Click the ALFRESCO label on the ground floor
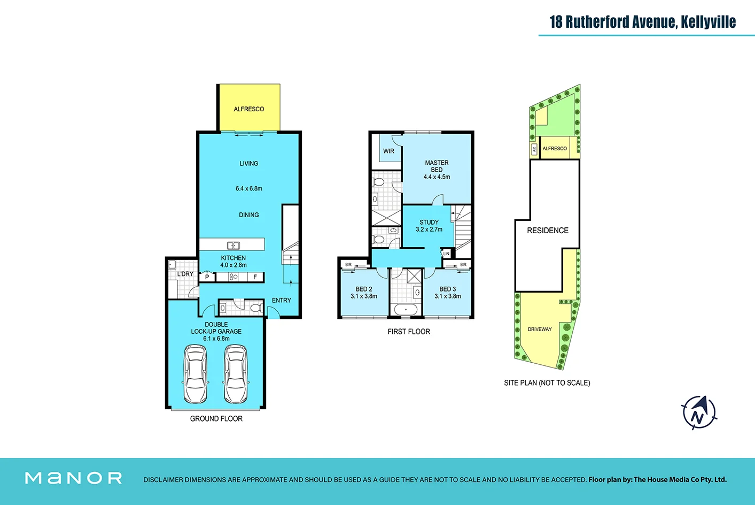pyautogui.click(x=249, y=109)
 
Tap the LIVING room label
pyautogui.click(x=249, y=164)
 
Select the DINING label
pyautogui.click(x=249, y=215)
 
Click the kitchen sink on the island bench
pyautogui.click(x=233, y=246)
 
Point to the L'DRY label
pyautogui.click(x=185, y=274)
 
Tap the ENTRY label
pyautogui.click(x=282, y=301)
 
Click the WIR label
pyautogui.click(x=389, y=151)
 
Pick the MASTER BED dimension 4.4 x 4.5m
pyautogui.click(x=437, y=177)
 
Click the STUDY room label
pyautogui.click(x=429, y=223)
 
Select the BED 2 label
pyautogui.click(x=364, y=289)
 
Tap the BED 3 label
pyautogui.click(x=448, y=289)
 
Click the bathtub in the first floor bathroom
pyautogui.click(x=406, y=309)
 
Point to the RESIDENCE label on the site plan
pyautogui.click(x=548, y=231)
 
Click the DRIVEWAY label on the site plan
pyautogui.click(x=540, y=330)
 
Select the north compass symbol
pyautogui.click(x=699, y=412)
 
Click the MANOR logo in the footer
pyautogui.click(x=74, y=478)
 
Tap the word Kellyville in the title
pyautogui.click(x=708, y=22)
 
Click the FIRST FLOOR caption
pyautogui.click(x=409, y=332)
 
